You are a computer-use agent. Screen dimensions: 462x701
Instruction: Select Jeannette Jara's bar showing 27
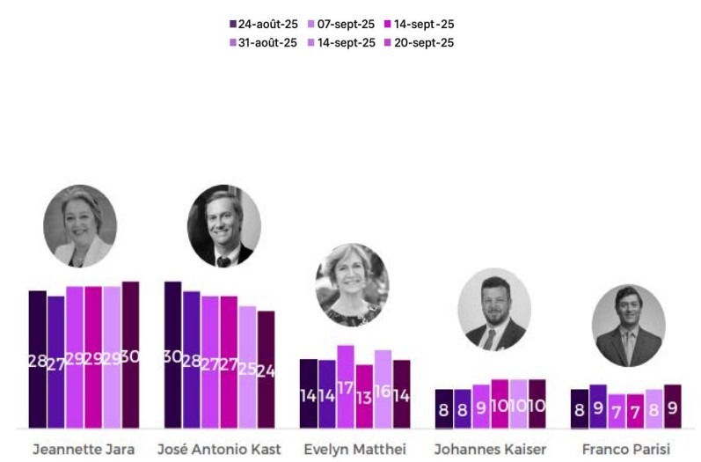(55, 362)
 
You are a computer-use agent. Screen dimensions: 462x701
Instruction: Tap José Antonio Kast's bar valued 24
(267, 370)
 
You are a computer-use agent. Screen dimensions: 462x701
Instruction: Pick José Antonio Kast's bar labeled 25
(247, 367)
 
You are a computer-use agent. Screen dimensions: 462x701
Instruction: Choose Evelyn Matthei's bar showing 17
(346, 386)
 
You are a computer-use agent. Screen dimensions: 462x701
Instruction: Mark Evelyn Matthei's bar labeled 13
(364, 396)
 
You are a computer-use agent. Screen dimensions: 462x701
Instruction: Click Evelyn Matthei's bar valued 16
(383, 389)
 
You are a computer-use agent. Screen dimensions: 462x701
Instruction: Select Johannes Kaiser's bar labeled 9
(481, 407)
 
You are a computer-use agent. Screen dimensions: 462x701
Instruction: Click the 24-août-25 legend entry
(264, 25)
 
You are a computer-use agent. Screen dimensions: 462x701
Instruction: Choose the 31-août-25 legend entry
(264, 42)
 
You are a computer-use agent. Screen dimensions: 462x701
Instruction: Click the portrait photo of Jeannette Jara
(80, 225)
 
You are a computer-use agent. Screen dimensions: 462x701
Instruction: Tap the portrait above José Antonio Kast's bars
(223, 226)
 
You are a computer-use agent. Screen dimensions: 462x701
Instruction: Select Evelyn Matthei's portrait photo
(352, 284)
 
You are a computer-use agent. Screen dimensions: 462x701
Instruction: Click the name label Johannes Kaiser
(490, 450)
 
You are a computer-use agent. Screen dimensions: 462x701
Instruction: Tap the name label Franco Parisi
(626, 450)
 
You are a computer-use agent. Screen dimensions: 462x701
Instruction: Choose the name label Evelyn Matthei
(354, 450)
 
